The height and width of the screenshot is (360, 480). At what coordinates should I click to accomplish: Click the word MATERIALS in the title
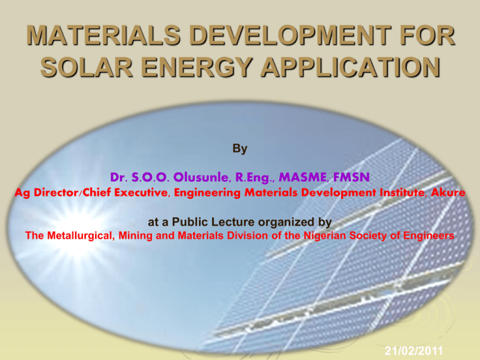(103, 35)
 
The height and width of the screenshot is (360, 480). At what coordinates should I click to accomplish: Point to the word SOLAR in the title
(87, 67)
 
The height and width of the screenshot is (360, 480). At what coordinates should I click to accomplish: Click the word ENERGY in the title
(196, 67)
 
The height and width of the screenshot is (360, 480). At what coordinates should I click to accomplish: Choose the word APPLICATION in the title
(351, 67)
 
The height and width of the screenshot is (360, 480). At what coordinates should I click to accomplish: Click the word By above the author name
(240, 149)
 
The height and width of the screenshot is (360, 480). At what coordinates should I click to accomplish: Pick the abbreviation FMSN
(351, 177)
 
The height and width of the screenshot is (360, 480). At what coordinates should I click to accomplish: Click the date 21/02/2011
(414, 351)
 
